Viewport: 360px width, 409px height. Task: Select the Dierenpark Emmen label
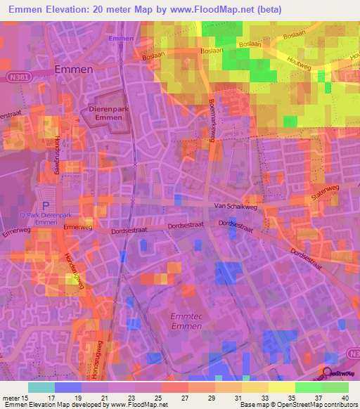click(109, 114)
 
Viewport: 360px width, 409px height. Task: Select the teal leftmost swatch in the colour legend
click(41, 387)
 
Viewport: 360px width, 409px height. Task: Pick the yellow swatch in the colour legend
click(282, 387)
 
